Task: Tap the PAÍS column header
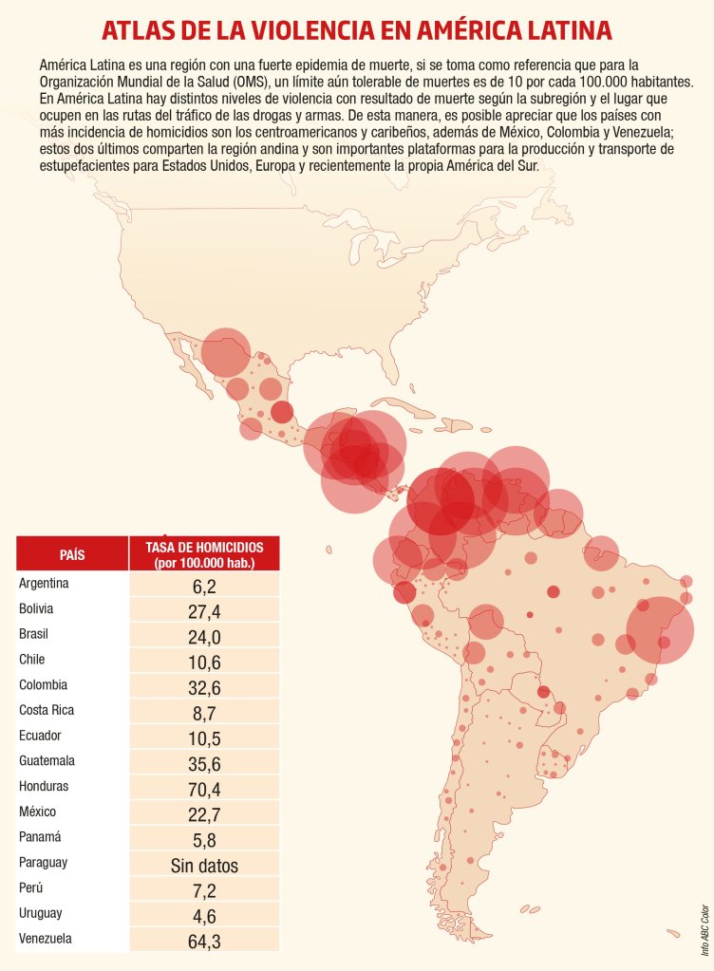(x=72, y=553)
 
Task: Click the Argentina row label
(x=44, y=583)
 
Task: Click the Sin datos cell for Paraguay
(x=204, y=866)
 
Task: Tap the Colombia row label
(x=43, y=684)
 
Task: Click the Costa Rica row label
(x=47, y=710)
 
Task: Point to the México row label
(x=38, y=812)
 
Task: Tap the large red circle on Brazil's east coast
(x=661, y=629)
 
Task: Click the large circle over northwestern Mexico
(x=225, y=352)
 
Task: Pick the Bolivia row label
(x=36, y=608)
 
